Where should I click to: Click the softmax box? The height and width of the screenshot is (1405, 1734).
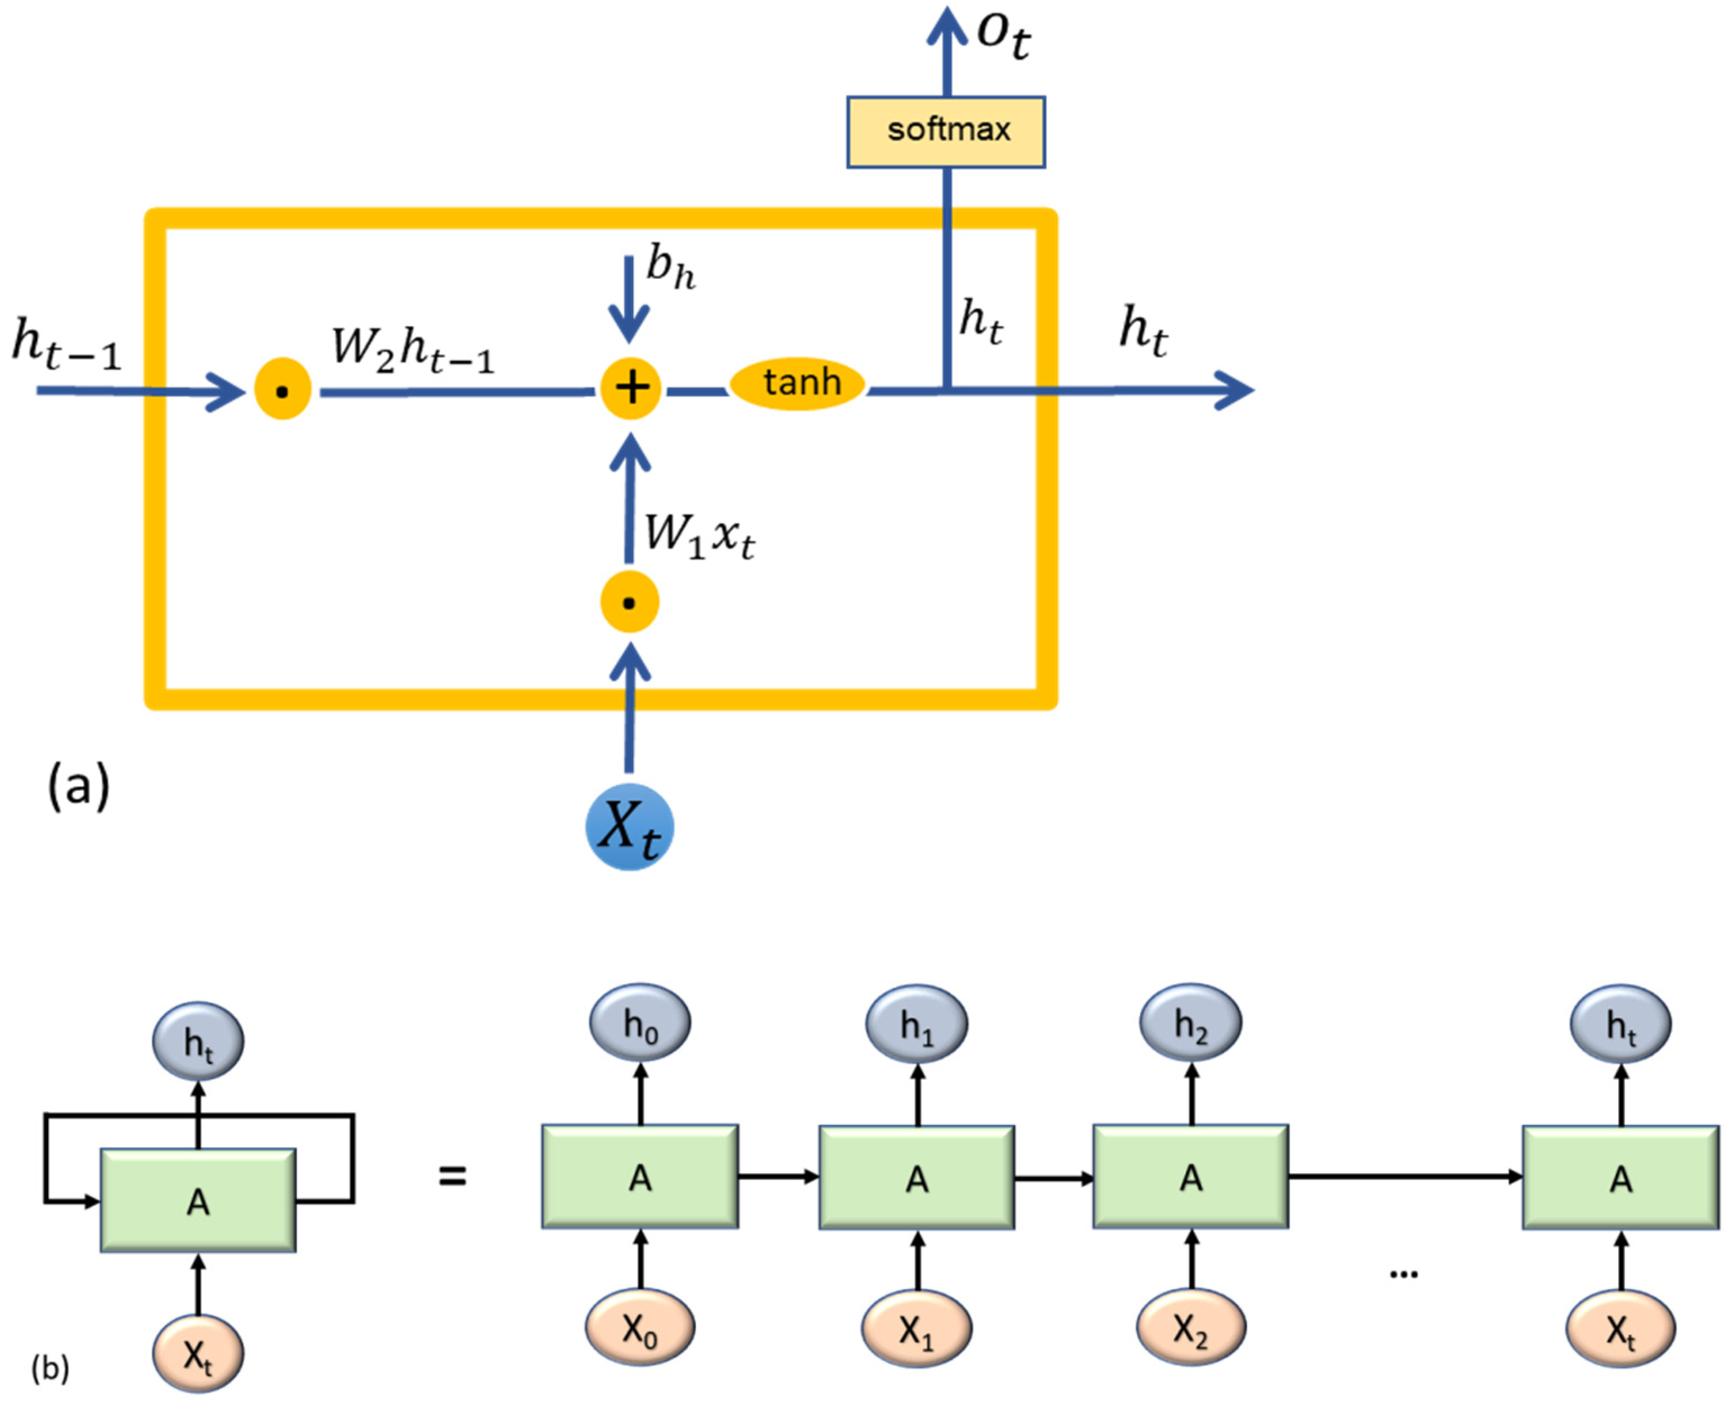(x=946, y=132)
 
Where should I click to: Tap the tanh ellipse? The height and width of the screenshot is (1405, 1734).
(x=798, y=384)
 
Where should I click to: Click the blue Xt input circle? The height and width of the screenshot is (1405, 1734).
(x=630, y=826)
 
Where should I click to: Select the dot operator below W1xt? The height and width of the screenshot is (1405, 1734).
(x=630, y=602)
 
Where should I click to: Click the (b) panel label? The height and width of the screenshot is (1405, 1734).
(x=50, y=1368)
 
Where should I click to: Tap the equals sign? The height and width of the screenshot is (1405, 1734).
(x=452, y=1175)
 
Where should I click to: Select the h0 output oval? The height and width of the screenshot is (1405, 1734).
(x=640, y=1023)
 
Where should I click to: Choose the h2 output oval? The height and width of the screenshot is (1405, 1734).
(x=1191, y=1023)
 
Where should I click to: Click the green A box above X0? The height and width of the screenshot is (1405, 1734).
(x=640, y=1177)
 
